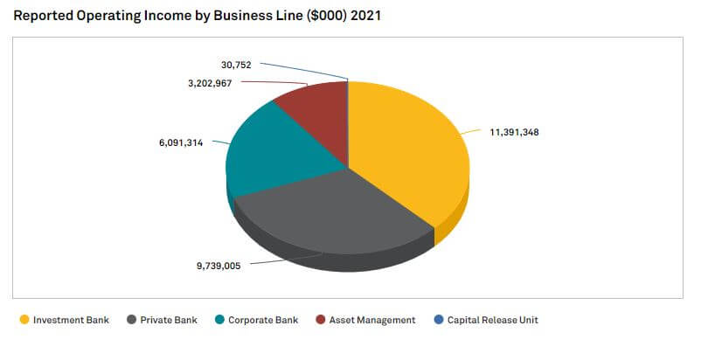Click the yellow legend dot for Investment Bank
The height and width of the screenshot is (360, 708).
24,321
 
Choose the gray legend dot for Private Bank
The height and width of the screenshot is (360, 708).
130,321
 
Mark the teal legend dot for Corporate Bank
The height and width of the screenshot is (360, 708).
219,321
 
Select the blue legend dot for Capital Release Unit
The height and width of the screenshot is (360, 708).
438,321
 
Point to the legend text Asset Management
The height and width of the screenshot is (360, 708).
371,321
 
